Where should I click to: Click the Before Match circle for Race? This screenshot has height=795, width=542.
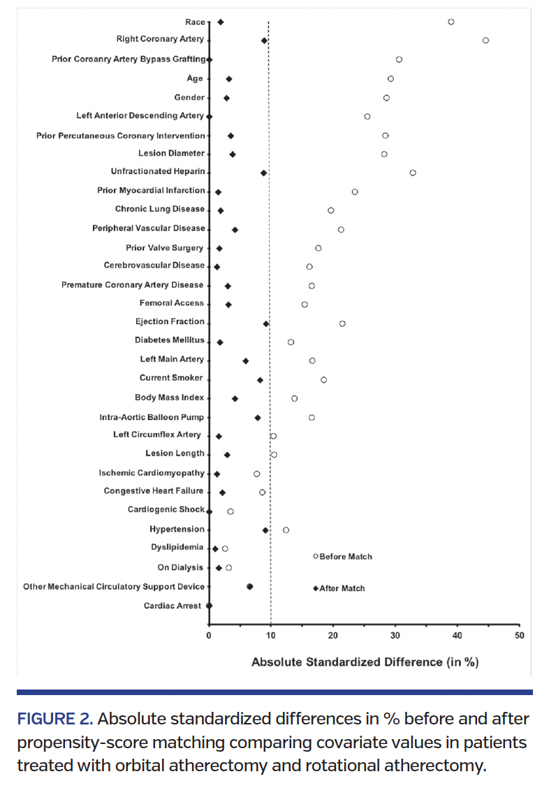tap(451, 22)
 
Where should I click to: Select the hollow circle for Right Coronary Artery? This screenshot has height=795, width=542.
tap(486, 41)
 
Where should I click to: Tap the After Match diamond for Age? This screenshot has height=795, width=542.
tap(229, 79)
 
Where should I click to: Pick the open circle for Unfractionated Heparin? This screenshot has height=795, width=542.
tap(413, 173)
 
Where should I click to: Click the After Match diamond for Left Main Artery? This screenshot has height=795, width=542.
tap(245, 360)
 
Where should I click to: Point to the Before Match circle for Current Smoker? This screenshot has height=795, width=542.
tap(323, 380)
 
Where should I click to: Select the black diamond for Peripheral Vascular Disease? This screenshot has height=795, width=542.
tap(235, 229)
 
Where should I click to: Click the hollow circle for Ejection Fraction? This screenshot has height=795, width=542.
tap(342, 323)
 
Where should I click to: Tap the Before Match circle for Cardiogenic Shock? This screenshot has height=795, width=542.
tap(230, 511)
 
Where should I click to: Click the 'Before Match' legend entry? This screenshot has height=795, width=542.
tap(343, 557)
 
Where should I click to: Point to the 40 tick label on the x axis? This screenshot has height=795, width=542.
tap(457, 635)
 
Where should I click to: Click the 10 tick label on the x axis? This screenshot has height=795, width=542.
tap(270, 635)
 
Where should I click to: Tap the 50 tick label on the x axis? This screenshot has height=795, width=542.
tap(519, 635)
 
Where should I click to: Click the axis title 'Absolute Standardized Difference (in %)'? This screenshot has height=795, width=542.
tap(365, 662)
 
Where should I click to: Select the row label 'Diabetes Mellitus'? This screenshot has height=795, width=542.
tap(170, 340)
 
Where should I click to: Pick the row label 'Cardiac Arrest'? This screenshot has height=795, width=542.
tap(173, 606)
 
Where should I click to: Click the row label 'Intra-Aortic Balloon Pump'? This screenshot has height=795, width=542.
tap(152, 417)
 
